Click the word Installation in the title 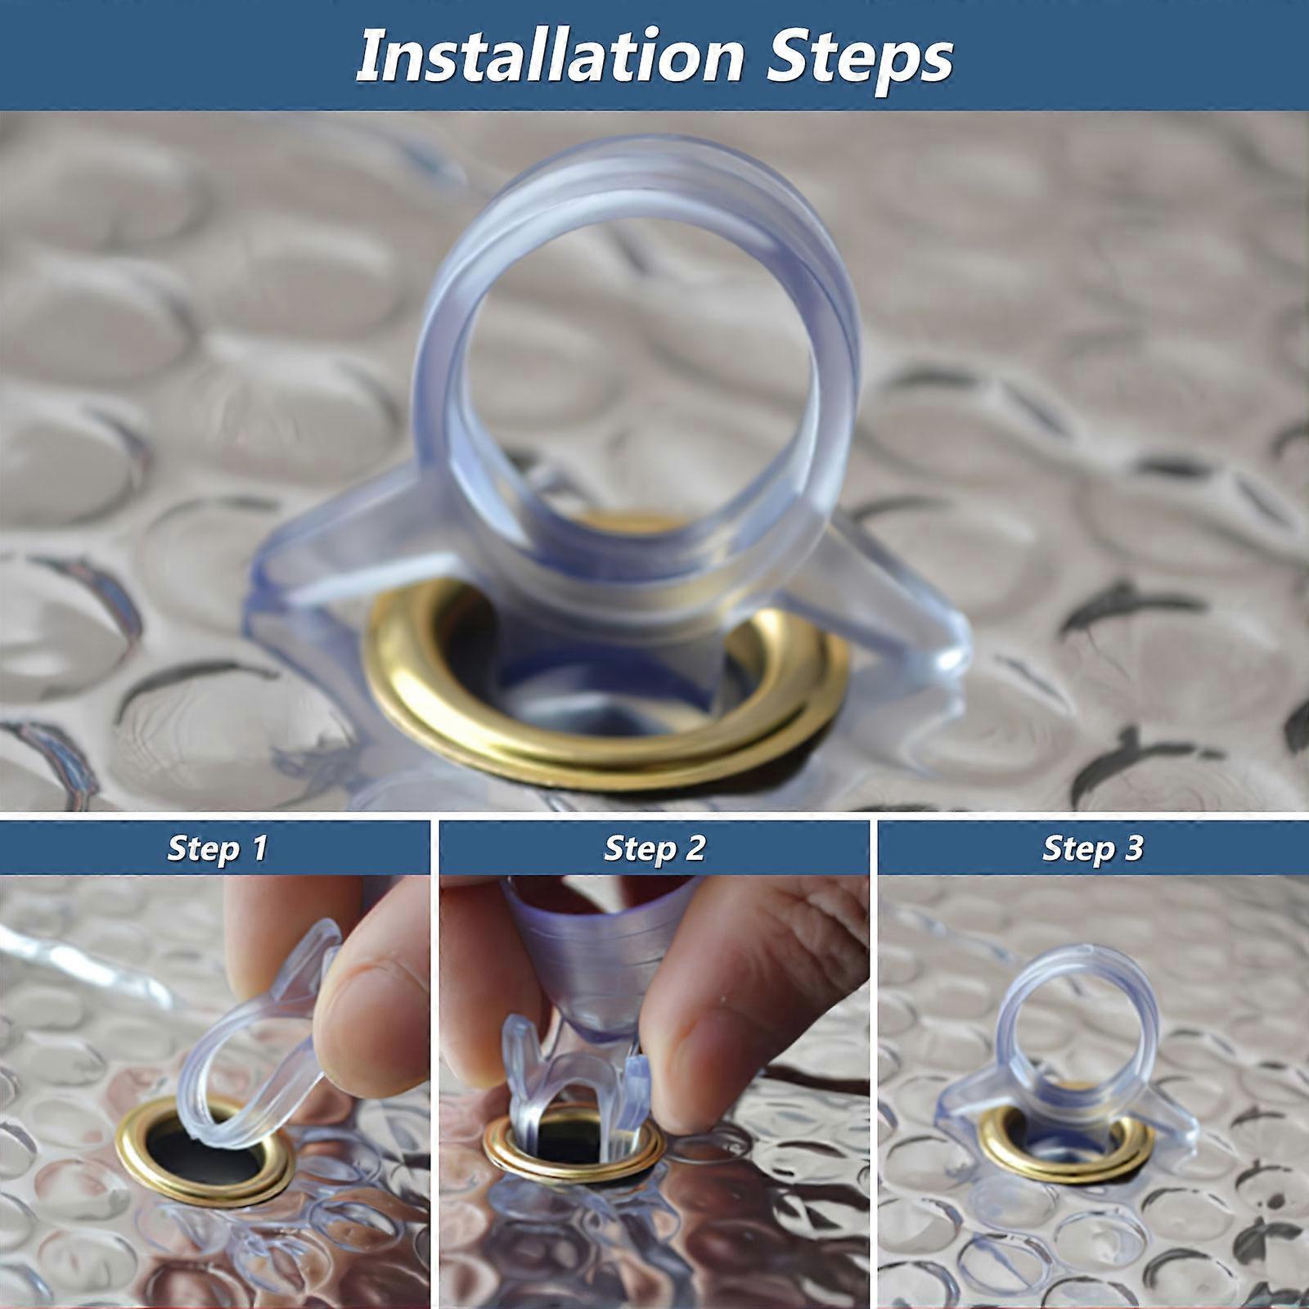pos(550,56)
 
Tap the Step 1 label pos(217,848)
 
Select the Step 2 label pos(654,848)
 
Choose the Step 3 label pos(1092,848)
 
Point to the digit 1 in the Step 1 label pos(260,848)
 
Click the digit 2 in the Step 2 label pos(695,848)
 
